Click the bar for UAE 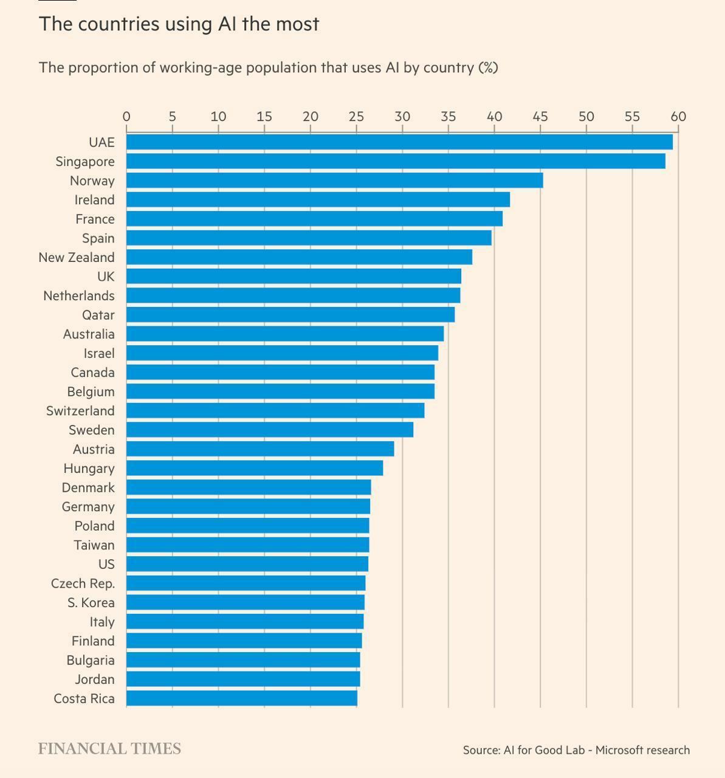point(399,142)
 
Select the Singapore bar point(396,161)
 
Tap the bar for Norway point(334,181)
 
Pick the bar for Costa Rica point(242,698)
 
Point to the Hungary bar point(255,468)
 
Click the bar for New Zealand point(299,257)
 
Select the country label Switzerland point(80,411)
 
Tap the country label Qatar point(98,315)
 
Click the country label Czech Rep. point(83,583)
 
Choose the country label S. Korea point(91,603)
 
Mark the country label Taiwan point(94,545)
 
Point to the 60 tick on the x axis point(678,117)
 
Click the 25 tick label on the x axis point(356,117)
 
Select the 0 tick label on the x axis point(126,117)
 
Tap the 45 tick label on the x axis point(540,117)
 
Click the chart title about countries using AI point(179,24)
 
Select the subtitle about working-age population point(268,67)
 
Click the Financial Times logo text point(109,749)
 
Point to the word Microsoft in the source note point(618,750)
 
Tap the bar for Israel point(282,353)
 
